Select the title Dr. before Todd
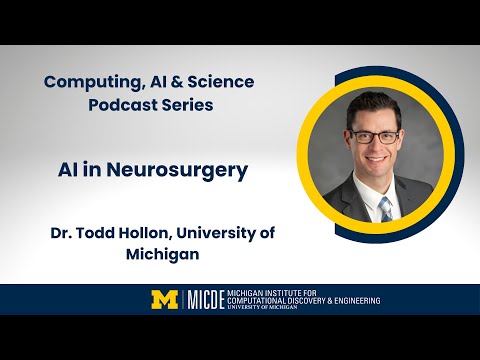tap(62, 232)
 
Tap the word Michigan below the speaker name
tap(162, 255)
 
